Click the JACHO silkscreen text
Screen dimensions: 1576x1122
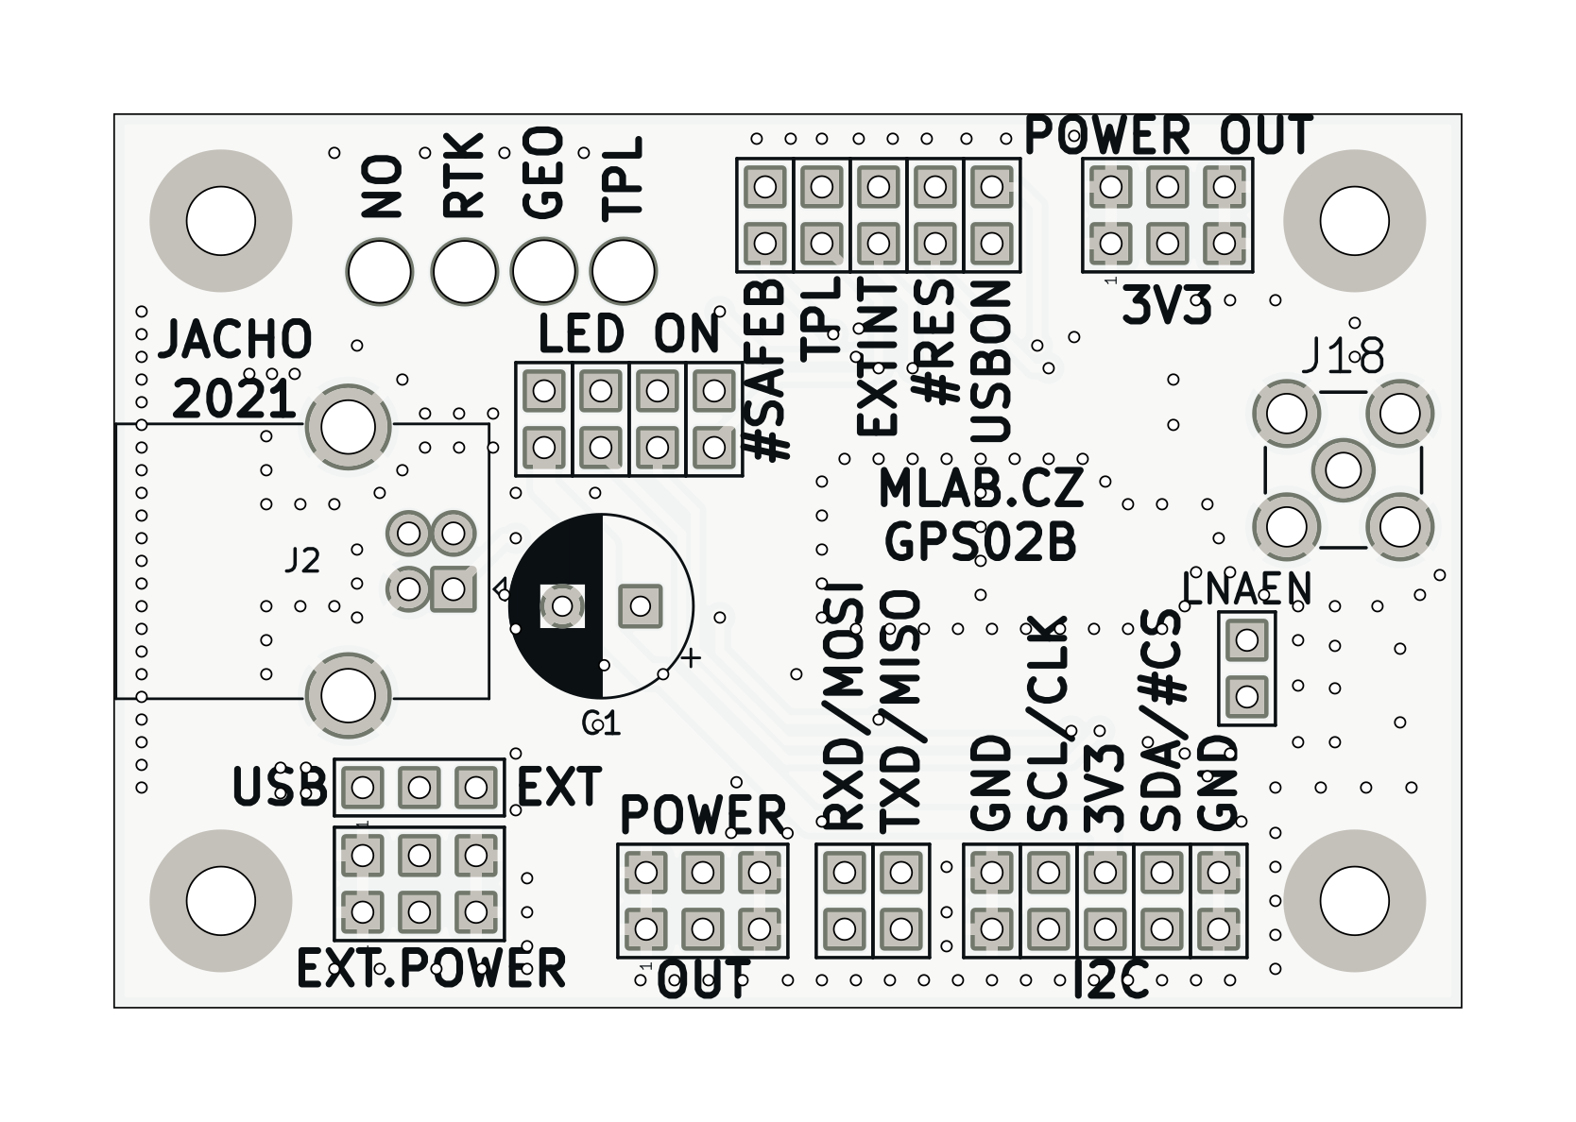click(x=235, y=340)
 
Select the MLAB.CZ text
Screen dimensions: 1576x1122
click(x=980, y=488)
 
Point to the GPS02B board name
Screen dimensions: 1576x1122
click(x=980, y=542)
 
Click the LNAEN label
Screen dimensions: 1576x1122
click(x=1246, y=589)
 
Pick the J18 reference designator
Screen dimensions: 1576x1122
click(x=1343, y=357)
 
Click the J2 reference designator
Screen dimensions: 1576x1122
click(x=302, y=561)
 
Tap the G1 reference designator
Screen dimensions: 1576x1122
click(x=601, y=723)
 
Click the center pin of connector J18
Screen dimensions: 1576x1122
click(x=1343, y=469)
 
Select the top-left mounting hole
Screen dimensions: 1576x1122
click(x=220, y=221)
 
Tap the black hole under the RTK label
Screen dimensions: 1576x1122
click(x=464, y=272)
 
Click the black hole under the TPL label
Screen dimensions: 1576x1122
click(x=623, y=271)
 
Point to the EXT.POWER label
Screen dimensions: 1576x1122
click(x=431, y=968)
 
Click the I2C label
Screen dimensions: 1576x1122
click(x=1111, y=983)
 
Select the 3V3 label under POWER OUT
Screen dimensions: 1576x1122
click(x=1166, y=307)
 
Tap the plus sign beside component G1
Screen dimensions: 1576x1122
click(x=692, y=658)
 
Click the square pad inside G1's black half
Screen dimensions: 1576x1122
click(x=562, y=605)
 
